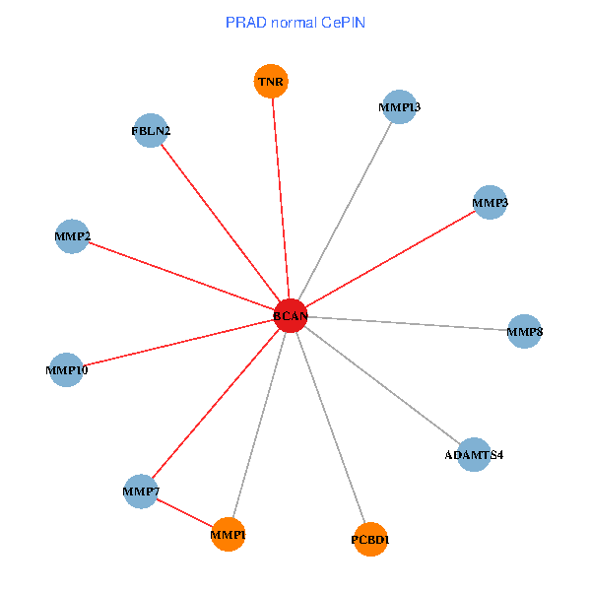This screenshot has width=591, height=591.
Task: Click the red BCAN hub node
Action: [290, 315]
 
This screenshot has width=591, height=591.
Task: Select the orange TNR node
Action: [271, 82]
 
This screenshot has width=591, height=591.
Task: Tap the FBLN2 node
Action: [150, 130]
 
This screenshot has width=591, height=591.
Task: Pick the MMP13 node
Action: [398, 106]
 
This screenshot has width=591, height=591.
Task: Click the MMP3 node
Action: [490, 203]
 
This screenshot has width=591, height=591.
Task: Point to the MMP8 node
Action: [524, 332]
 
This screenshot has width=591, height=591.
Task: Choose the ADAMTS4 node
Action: [474, 455]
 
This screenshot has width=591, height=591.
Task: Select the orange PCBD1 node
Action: [370, 539]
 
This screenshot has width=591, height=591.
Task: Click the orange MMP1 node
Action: [228, 535]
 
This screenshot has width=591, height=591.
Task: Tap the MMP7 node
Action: [142, 491]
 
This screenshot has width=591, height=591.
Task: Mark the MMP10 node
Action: [66, 370]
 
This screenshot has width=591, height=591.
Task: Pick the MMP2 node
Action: [72, 236]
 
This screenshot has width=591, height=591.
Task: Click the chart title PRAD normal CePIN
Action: [295, 22]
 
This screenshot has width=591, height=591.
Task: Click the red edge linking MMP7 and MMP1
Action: [185, 513]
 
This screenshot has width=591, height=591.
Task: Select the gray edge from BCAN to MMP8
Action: [407, 324]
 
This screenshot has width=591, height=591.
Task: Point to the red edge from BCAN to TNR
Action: [280, 197]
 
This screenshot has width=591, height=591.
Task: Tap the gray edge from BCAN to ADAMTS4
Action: [381, 385]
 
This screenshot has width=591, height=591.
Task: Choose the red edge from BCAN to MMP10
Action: [177, 343]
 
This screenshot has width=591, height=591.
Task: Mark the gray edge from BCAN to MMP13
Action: [344, 211]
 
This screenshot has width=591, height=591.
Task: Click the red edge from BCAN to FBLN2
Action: [220, 223]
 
